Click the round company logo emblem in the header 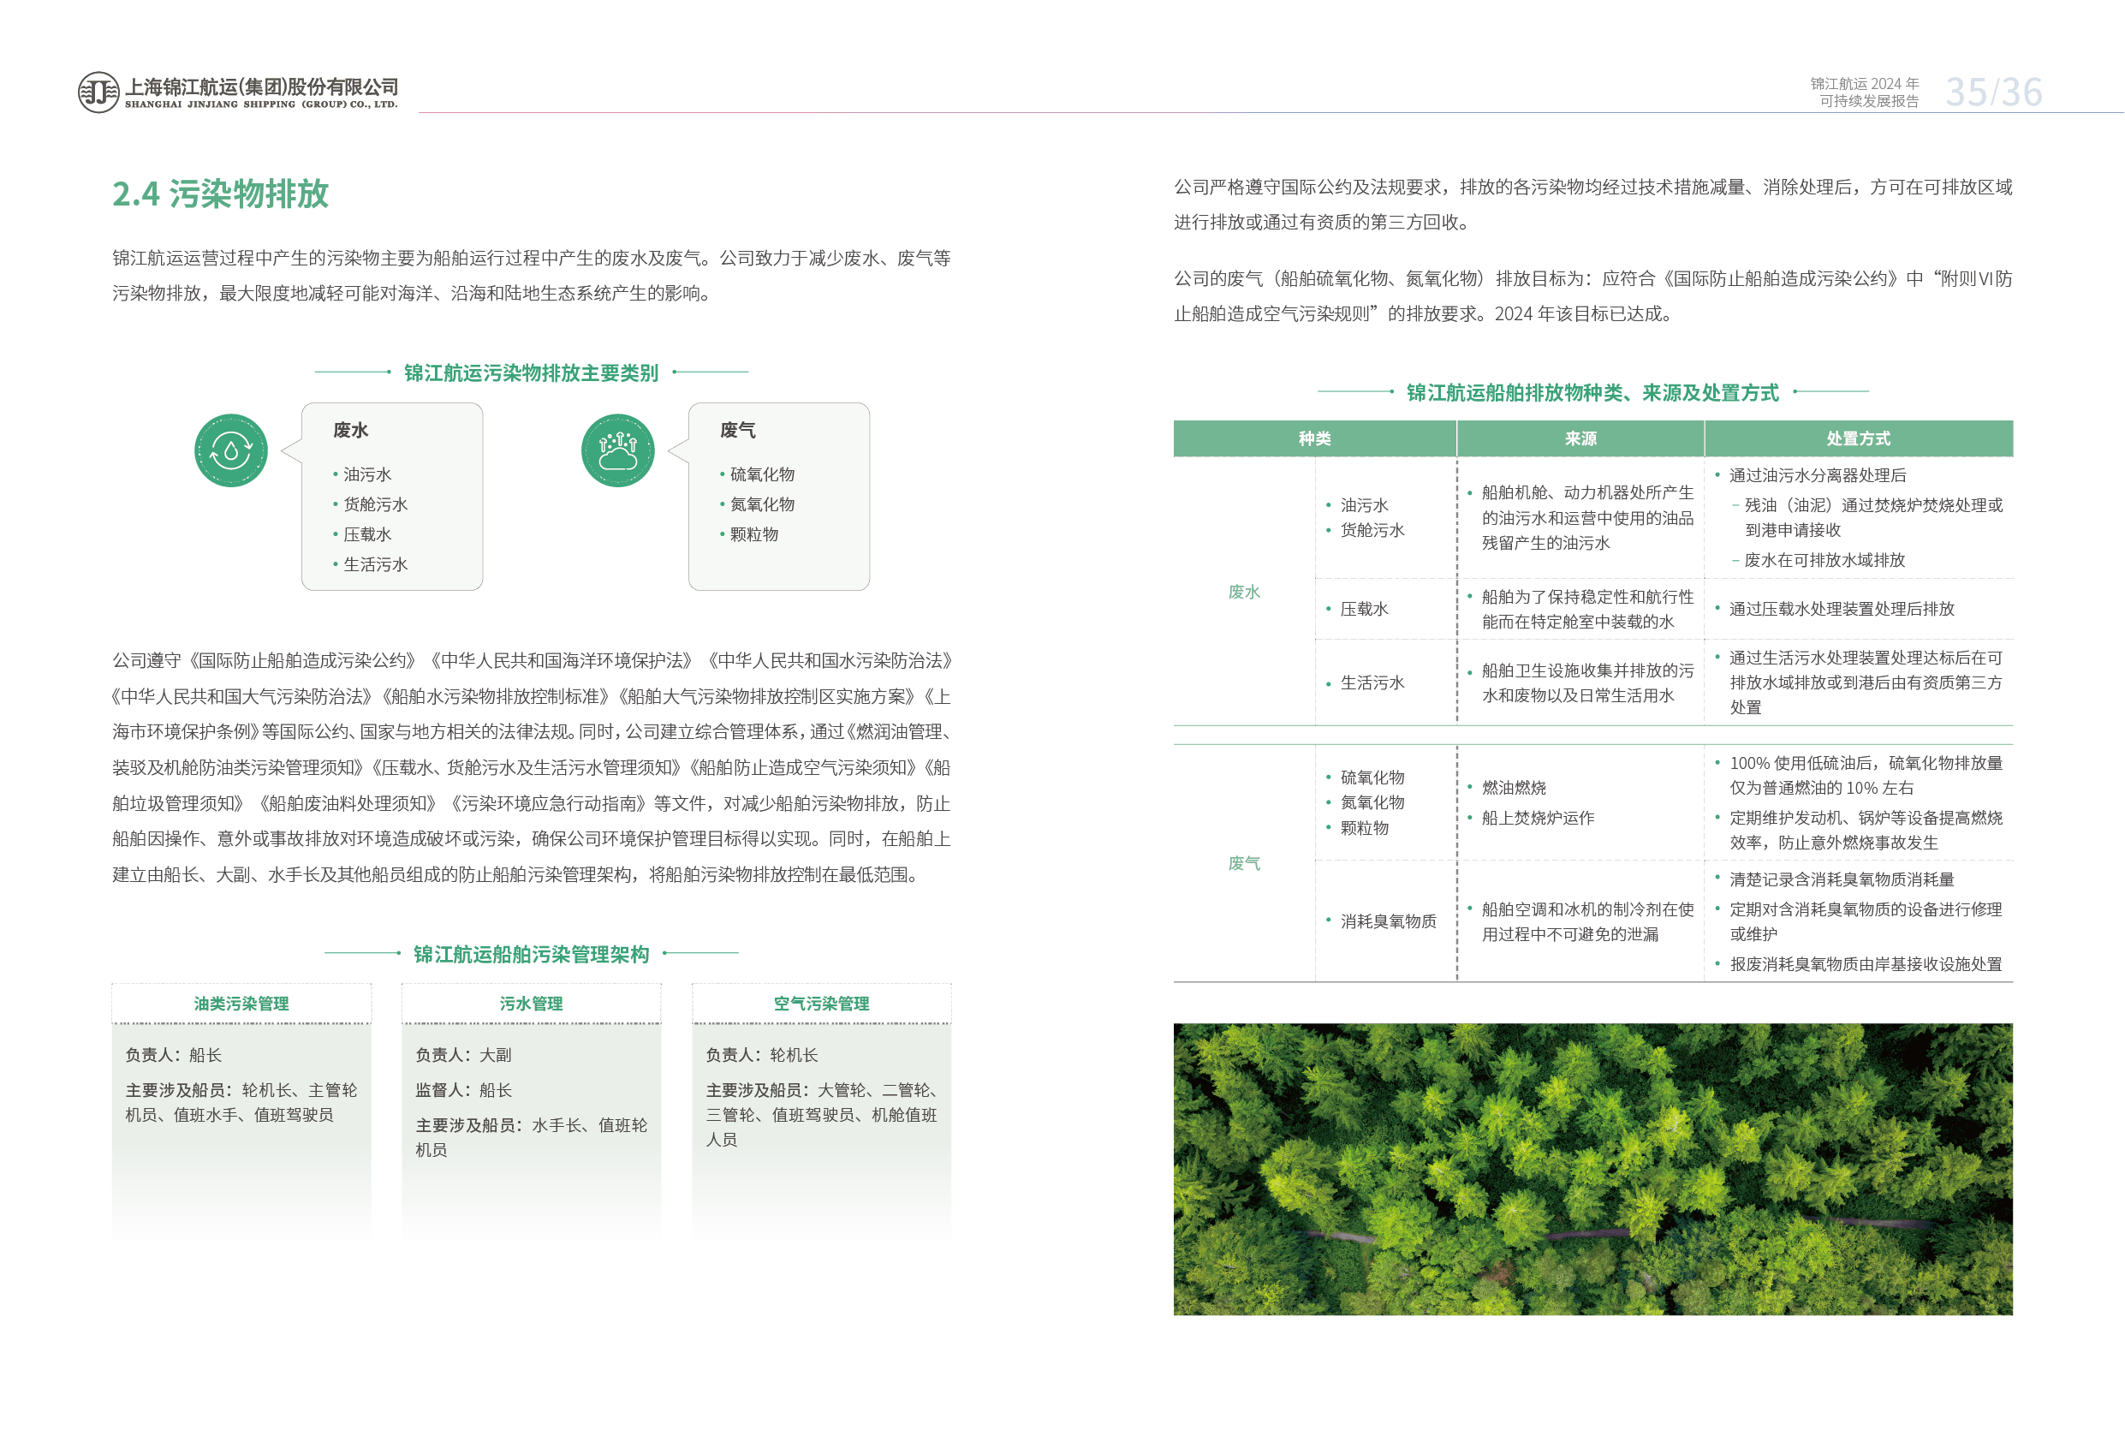pyautogui.click(x=98, y=92)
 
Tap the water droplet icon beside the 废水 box pyautogui.click(x=231, y=450)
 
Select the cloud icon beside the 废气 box pyautogui.click(x=618, y=450)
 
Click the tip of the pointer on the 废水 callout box pyautogui.click(x=283, y=450)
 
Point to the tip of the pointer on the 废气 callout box pyautogui.click(x=670, y=450)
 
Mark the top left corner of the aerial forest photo pyautogui.click(x=1174, y=1023)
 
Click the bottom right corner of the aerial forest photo pyautogui.click(x=2013, y=1315)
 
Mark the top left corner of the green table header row pyautogui.click(x=1174, y=420)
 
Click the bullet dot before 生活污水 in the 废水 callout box pyautogui.click(x=336, y=564)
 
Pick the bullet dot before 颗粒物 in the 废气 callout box pyautogui.click(x=723, y=534)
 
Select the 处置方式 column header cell pyautogui.click(x=1859, y=439)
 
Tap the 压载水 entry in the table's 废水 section pyautogui.click(x=1364, y=609)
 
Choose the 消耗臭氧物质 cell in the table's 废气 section pyautogui.click(x=1388, y=921)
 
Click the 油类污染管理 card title pyautogui.click(x=241, y=1003)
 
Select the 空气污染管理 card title pyautogui.click(x=821, y=1003)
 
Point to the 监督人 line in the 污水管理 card pyautogui.click(x=463, y=1090)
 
